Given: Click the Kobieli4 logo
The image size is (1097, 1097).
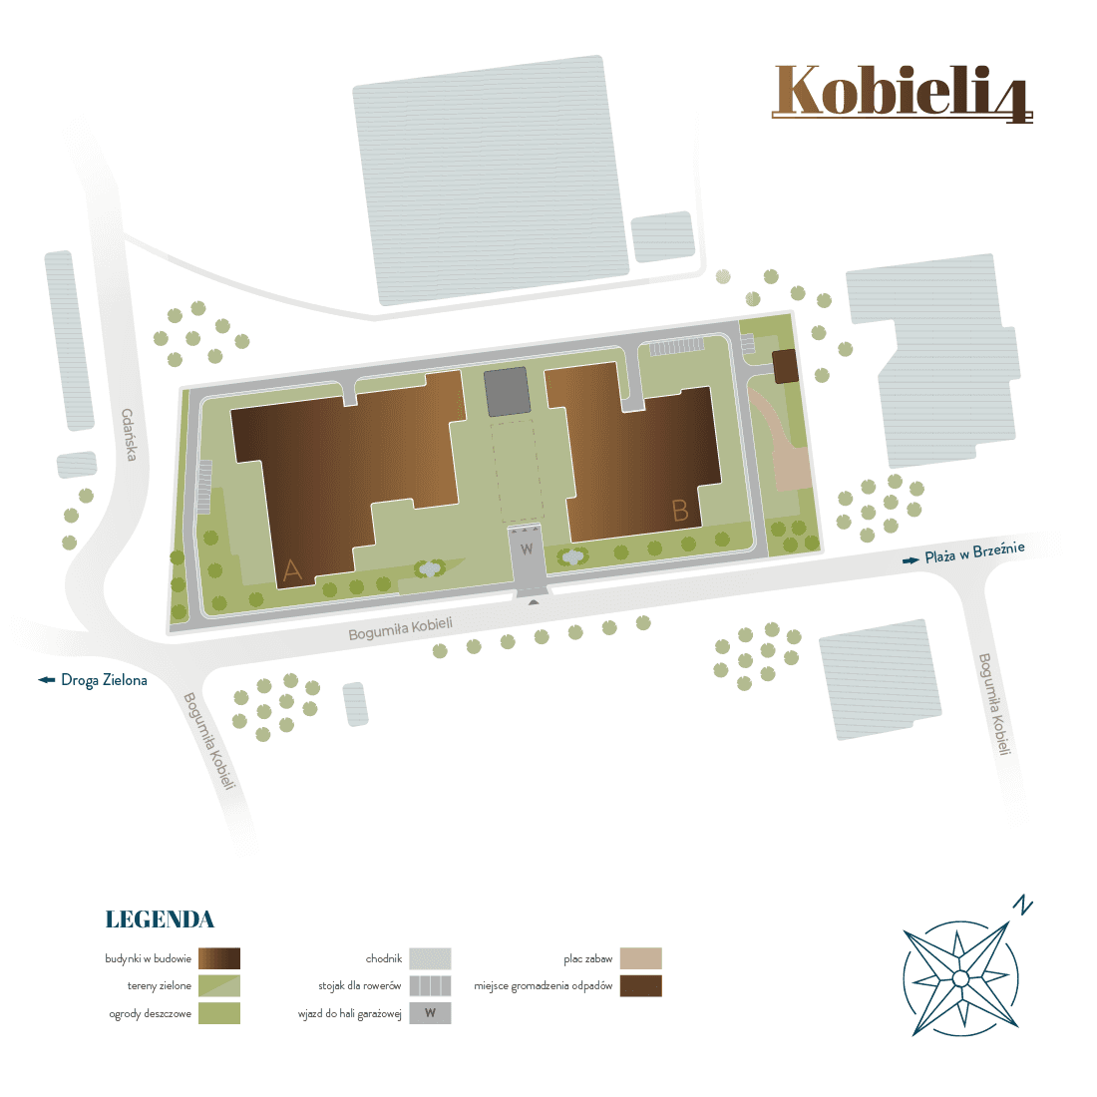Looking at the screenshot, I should (x=902, y=93).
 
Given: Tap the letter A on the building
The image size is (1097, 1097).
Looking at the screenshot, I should (x=292, y=569).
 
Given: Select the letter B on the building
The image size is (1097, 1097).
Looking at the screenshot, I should (x=680, y=511).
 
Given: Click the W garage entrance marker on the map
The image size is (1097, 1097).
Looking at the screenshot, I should (x=528, y=549).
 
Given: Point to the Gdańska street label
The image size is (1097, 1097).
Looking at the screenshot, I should (x=129, y=435).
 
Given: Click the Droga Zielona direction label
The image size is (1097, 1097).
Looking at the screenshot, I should (x=104, y=680).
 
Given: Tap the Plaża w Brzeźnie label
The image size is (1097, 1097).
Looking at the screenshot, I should (x=974, y=552).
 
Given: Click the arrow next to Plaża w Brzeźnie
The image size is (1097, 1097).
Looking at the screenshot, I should (x=911, y=561).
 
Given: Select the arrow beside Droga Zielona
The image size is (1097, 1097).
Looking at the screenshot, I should (x=47, y=680).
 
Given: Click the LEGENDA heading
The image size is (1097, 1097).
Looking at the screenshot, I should (x=160, y=919).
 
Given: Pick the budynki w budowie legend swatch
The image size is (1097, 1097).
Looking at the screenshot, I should (x=219, y=959).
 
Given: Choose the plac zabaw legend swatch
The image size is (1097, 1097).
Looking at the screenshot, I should (x=640, y=959).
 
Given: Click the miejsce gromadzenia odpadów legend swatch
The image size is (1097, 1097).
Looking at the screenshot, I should (x=640, y=986).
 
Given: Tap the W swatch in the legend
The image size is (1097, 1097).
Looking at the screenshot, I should (x=430, y=1013).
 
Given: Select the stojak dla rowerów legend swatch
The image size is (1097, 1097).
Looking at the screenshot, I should (x=430, y=986).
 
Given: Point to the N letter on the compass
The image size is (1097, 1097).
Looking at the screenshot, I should (x=1022, y=906).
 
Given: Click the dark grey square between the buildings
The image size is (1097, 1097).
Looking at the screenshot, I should (x=507, y=392).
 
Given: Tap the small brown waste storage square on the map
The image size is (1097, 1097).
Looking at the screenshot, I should (x=787, y=366).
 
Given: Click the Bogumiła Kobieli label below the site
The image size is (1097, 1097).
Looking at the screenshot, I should (x=400, y=629).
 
